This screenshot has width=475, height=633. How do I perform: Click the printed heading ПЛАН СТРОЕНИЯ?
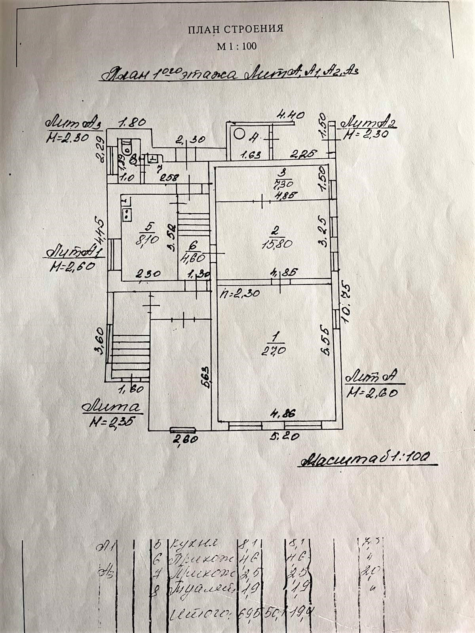(x=235, y=29)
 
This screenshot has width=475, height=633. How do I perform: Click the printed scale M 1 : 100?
(x=237, y=46)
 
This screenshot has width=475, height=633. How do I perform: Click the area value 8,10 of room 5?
(x=148, y=239)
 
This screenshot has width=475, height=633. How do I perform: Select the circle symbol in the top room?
(x=239, y=134)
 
